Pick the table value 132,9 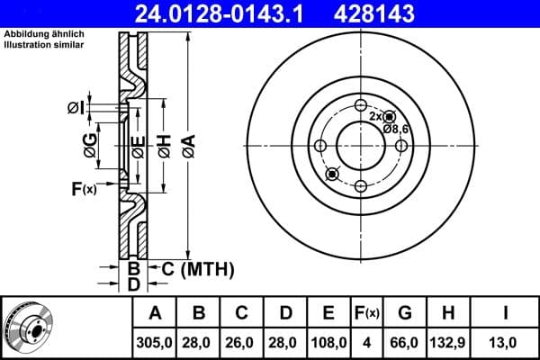(x=449, y=343)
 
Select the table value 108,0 (x=328, y=343)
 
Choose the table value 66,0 (x=406, y=343)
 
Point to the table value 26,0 (x=241, y=343)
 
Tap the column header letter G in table (x=406, y=313)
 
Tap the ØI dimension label (x=76, y=108)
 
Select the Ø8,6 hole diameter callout (x=396, y=130)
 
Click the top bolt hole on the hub (x=360, y=103)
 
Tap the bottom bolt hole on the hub (x=360, y=186)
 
